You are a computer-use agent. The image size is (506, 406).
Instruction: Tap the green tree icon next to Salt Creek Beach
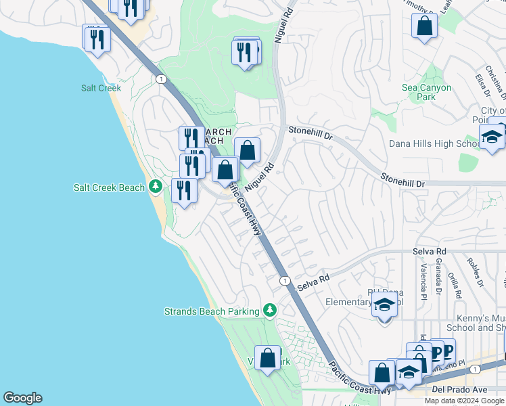[x=156, y=186]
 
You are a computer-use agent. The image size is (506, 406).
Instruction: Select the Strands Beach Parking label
[x=212, y=311]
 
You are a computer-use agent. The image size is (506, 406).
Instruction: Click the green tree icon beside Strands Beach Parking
[x=270, y=310]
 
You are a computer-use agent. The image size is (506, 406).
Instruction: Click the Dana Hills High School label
[x=435, y=144]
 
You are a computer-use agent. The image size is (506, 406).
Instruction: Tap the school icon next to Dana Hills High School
[x=492, y=137]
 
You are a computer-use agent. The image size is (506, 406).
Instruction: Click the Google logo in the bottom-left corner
[x=22, y=398]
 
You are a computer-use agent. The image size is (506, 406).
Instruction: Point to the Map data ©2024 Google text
[x=465, y=401]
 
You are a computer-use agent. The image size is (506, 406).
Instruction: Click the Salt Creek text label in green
[x=101, y=88]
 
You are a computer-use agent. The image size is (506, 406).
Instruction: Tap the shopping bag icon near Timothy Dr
[x=424, y=26]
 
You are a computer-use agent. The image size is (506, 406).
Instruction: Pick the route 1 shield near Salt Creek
[x=161, y=79]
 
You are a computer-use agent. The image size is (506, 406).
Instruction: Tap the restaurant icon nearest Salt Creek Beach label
[x=183, y=190]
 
